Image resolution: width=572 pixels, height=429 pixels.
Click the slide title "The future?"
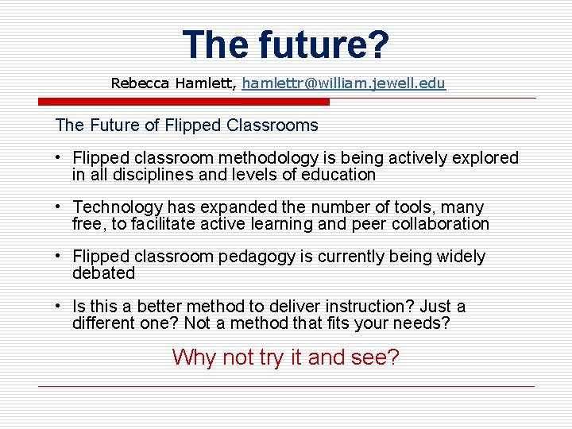(286, 44)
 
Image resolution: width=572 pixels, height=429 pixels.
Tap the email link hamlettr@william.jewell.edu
(344, 83)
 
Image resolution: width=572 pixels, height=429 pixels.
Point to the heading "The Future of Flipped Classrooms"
(187, 126)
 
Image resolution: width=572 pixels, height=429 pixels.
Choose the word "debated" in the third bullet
(103, 273)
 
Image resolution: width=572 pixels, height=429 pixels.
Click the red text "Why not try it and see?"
(285, 357)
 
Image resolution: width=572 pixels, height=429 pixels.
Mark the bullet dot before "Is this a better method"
(60, 306)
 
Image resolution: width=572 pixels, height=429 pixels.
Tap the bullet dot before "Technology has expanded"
(60, 207)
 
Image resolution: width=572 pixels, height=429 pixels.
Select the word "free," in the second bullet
(89, 224)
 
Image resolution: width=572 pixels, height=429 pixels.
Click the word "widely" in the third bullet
(461, 257)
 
